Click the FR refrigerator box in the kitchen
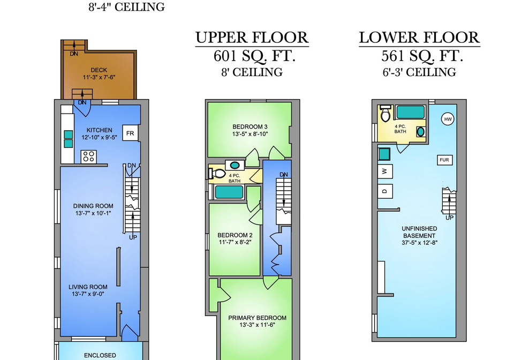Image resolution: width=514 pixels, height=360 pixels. coord(130,133)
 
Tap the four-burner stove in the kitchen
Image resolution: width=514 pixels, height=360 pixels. coord(88,156)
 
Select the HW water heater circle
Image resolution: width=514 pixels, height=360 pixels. coord(448,119)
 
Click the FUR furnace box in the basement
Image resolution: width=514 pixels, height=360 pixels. coord(444,160)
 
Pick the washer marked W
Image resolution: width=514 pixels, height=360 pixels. coord(385,171)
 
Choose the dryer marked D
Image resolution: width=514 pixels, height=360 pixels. coord(385,191)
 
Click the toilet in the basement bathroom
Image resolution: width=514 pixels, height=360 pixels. coord(385,113)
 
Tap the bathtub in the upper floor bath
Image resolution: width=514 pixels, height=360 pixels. coord(229,192)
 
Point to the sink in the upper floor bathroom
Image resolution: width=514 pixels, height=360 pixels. coord(235,165)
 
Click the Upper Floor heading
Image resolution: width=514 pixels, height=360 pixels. coord(252,37)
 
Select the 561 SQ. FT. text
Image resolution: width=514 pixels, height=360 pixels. coord(422,56)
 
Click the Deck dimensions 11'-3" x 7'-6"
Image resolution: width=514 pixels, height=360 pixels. coord(99,77)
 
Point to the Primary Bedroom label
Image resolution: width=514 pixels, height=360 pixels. coord(258,318)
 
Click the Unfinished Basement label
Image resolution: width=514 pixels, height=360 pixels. coord(419,232)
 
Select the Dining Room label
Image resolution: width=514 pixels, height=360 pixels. coord(93,206)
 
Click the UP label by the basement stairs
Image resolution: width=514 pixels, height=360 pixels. coord(449,217)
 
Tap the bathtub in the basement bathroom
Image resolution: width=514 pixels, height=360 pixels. coord(411,112)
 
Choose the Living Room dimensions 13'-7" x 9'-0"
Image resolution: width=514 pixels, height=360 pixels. coord(88,294)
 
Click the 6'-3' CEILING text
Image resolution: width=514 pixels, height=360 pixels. coord(419,72)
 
